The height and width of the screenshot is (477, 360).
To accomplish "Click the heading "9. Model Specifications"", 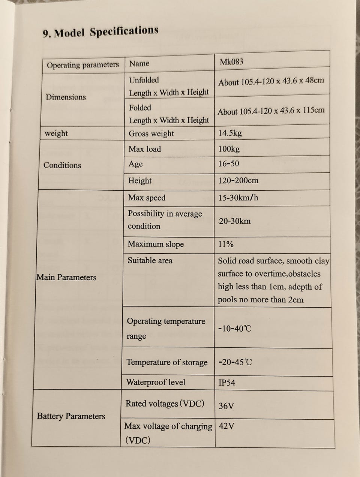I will (x=100, y=32).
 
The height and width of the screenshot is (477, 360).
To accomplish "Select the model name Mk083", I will (x=231, y=62).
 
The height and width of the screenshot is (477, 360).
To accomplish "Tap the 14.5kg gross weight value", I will (x=230, y=133).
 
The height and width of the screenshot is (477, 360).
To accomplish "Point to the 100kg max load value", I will (x=229, y=149).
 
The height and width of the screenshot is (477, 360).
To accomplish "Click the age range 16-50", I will (x=228, y=164).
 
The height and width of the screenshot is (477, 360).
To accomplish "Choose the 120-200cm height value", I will (x=238, y=180).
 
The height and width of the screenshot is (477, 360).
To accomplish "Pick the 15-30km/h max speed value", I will (x=238, y=197).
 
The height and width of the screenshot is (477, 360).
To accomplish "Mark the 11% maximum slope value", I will (x=226, y=244).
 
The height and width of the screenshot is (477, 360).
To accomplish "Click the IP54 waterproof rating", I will (x=227, y=383).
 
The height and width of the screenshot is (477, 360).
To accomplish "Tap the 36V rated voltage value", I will (x=226, y=406).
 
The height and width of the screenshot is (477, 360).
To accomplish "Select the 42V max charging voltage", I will (x=226, y=426).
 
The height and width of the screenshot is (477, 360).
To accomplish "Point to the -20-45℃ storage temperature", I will (x=235, y=362).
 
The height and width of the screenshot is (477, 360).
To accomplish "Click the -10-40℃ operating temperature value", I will (x=235, y=329).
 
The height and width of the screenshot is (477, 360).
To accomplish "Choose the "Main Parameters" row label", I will (x=66, y=277).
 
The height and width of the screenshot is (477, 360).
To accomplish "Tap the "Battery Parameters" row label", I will (x=71, y=416).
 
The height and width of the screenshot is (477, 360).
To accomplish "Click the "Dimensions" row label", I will (x=66, y=97).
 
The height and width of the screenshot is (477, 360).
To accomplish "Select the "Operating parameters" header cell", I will (x=82, y=65).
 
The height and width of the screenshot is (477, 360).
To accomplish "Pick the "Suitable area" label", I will (x=150, y=260).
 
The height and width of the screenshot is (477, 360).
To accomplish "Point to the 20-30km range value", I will (x=234, y=221).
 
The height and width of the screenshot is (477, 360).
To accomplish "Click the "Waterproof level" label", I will (x=156, y=382).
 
